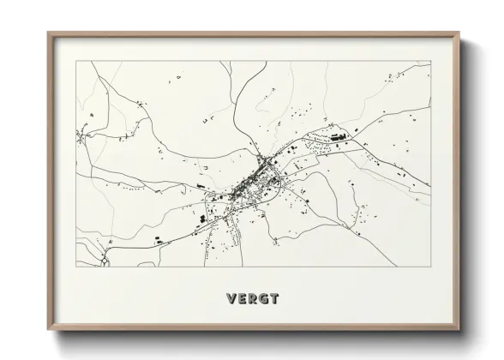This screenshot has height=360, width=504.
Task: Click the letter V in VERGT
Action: point(230,299)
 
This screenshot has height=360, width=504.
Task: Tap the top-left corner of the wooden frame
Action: point(48,33)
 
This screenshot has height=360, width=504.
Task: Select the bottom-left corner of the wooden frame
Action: point(48,333)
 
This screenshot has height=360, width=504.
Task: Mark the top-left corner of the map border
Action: point(77,61)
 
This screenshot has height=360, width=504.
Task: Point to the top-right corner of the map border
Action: point(429,61)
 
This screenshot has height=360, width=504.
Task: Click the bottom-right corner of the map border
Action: point(429,267)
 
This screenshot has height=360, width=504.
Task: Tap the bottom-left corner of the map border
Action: point(77,267)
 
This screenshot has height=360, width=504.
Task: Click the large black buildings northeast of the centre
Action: point(335,135)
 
